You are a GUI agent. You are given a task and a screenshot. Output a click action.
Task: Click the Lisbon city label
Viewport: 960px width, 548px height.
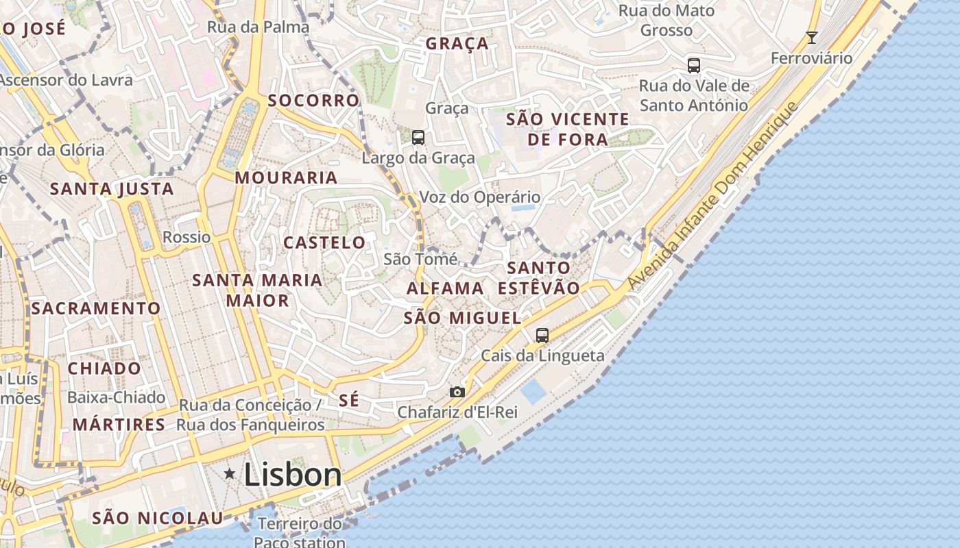point(293,475)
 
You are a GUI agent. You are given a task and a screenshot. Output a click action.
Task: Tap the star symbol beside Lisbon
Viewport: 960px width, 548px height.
point(230,473)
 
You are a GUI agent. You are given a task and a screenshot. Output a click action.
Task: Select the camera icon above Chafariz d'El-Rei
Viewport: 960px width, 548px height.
point(457,392)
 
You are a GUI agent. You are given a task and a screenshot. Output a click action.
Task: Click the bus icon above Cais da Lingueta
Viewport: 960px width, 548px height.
point(542,335)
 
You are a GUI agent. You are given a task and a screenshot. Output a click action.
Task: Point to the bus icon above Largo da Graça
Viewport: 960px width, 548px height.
point(418,137)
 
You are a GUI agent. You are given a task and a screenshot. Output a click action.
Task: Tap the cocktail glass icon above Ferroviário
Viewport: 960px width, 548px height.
point(812,38)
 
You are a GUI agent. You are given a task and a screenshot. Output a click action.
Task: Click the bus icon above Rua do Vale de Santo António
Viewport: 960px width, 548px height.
point(694,66)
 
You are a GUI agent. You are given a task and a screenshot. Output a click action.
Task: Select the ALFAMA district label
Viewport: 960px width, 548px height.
point(445,288)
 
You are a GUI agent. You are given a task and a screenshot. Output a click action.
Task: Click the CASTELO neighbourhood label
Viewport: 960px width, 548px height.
point(324,242)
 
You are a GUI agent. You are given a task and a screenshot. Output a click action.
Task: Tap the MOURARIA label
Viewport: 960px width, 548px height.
point(286,178)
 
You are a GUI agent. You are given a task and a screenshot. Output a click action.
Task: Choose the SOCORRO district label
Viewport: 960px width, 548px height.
point(313,101)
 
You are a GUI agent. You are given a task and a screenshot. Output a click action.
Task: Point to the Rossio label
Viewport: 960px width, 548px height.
point(187,237)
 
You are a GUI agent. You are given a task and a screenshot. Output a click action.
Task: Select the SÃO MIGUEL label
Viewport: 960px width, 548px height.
point(462,318)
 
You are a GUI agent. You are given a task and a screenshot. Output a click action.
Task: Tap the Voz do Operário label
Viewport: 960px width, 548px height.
point(479,197)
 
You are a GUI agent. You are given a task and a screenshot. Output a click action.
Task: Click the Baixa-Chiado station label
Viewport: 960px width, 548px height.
point(116,397)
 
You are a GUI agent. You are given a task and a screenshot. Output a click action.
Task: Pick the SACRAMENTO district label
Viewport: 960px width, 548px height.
point(95,308)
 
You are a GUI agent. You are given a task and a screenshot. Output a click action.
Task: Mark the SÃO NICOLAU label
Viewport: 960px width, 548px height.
point(158,518)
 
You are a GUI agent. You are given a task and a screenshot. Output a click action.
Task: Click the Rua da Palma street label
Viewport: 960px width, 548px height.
point(258,27)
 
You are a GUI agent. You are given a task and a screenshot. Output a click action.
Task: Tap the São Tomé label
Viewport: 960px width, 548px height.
point(420,259)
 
